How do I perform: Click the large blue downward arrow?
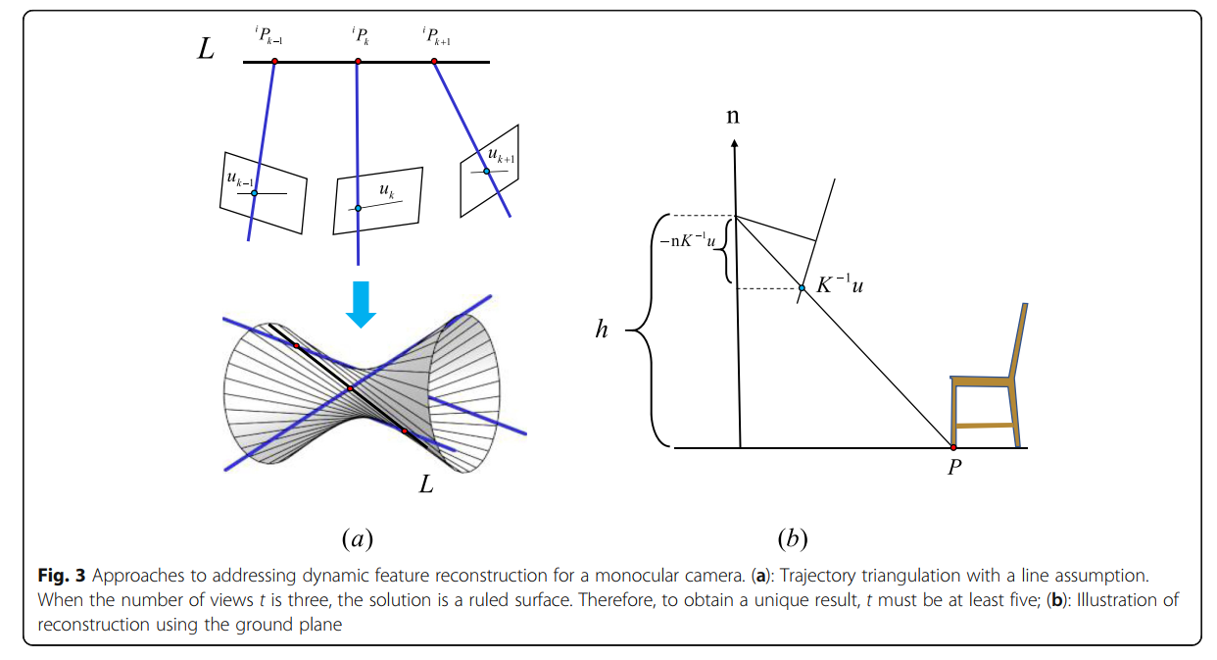point(362,303)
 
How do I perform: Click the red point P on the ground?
point(953,447)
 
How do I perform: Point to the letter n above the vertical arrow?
point(733,116)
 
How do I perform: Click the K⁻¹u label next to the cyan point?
point(841,286)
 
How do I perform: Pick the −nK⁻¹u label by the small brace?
point(686,240)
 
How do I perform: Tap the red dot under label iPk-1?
point(274,62)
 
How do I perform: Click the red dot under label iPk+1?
point(433,62)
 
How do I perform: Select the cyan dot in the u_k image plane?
point(358,208)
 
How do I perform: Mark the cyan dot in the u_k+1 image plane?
point(486,172)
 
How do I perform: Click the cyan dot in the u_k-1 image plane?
point(254,193)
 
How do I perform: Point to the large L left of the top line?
point(206,50)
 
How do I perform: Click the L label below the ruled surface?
point(426,483)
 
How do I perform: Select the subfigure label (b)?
point(792,537)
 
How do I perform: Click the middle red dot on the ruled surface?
point(350,388)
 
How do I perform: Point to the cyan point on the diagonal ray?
point(802,287)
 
